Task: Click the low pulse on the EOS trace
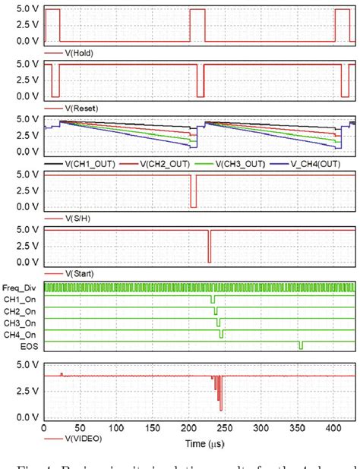(301, 346)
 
